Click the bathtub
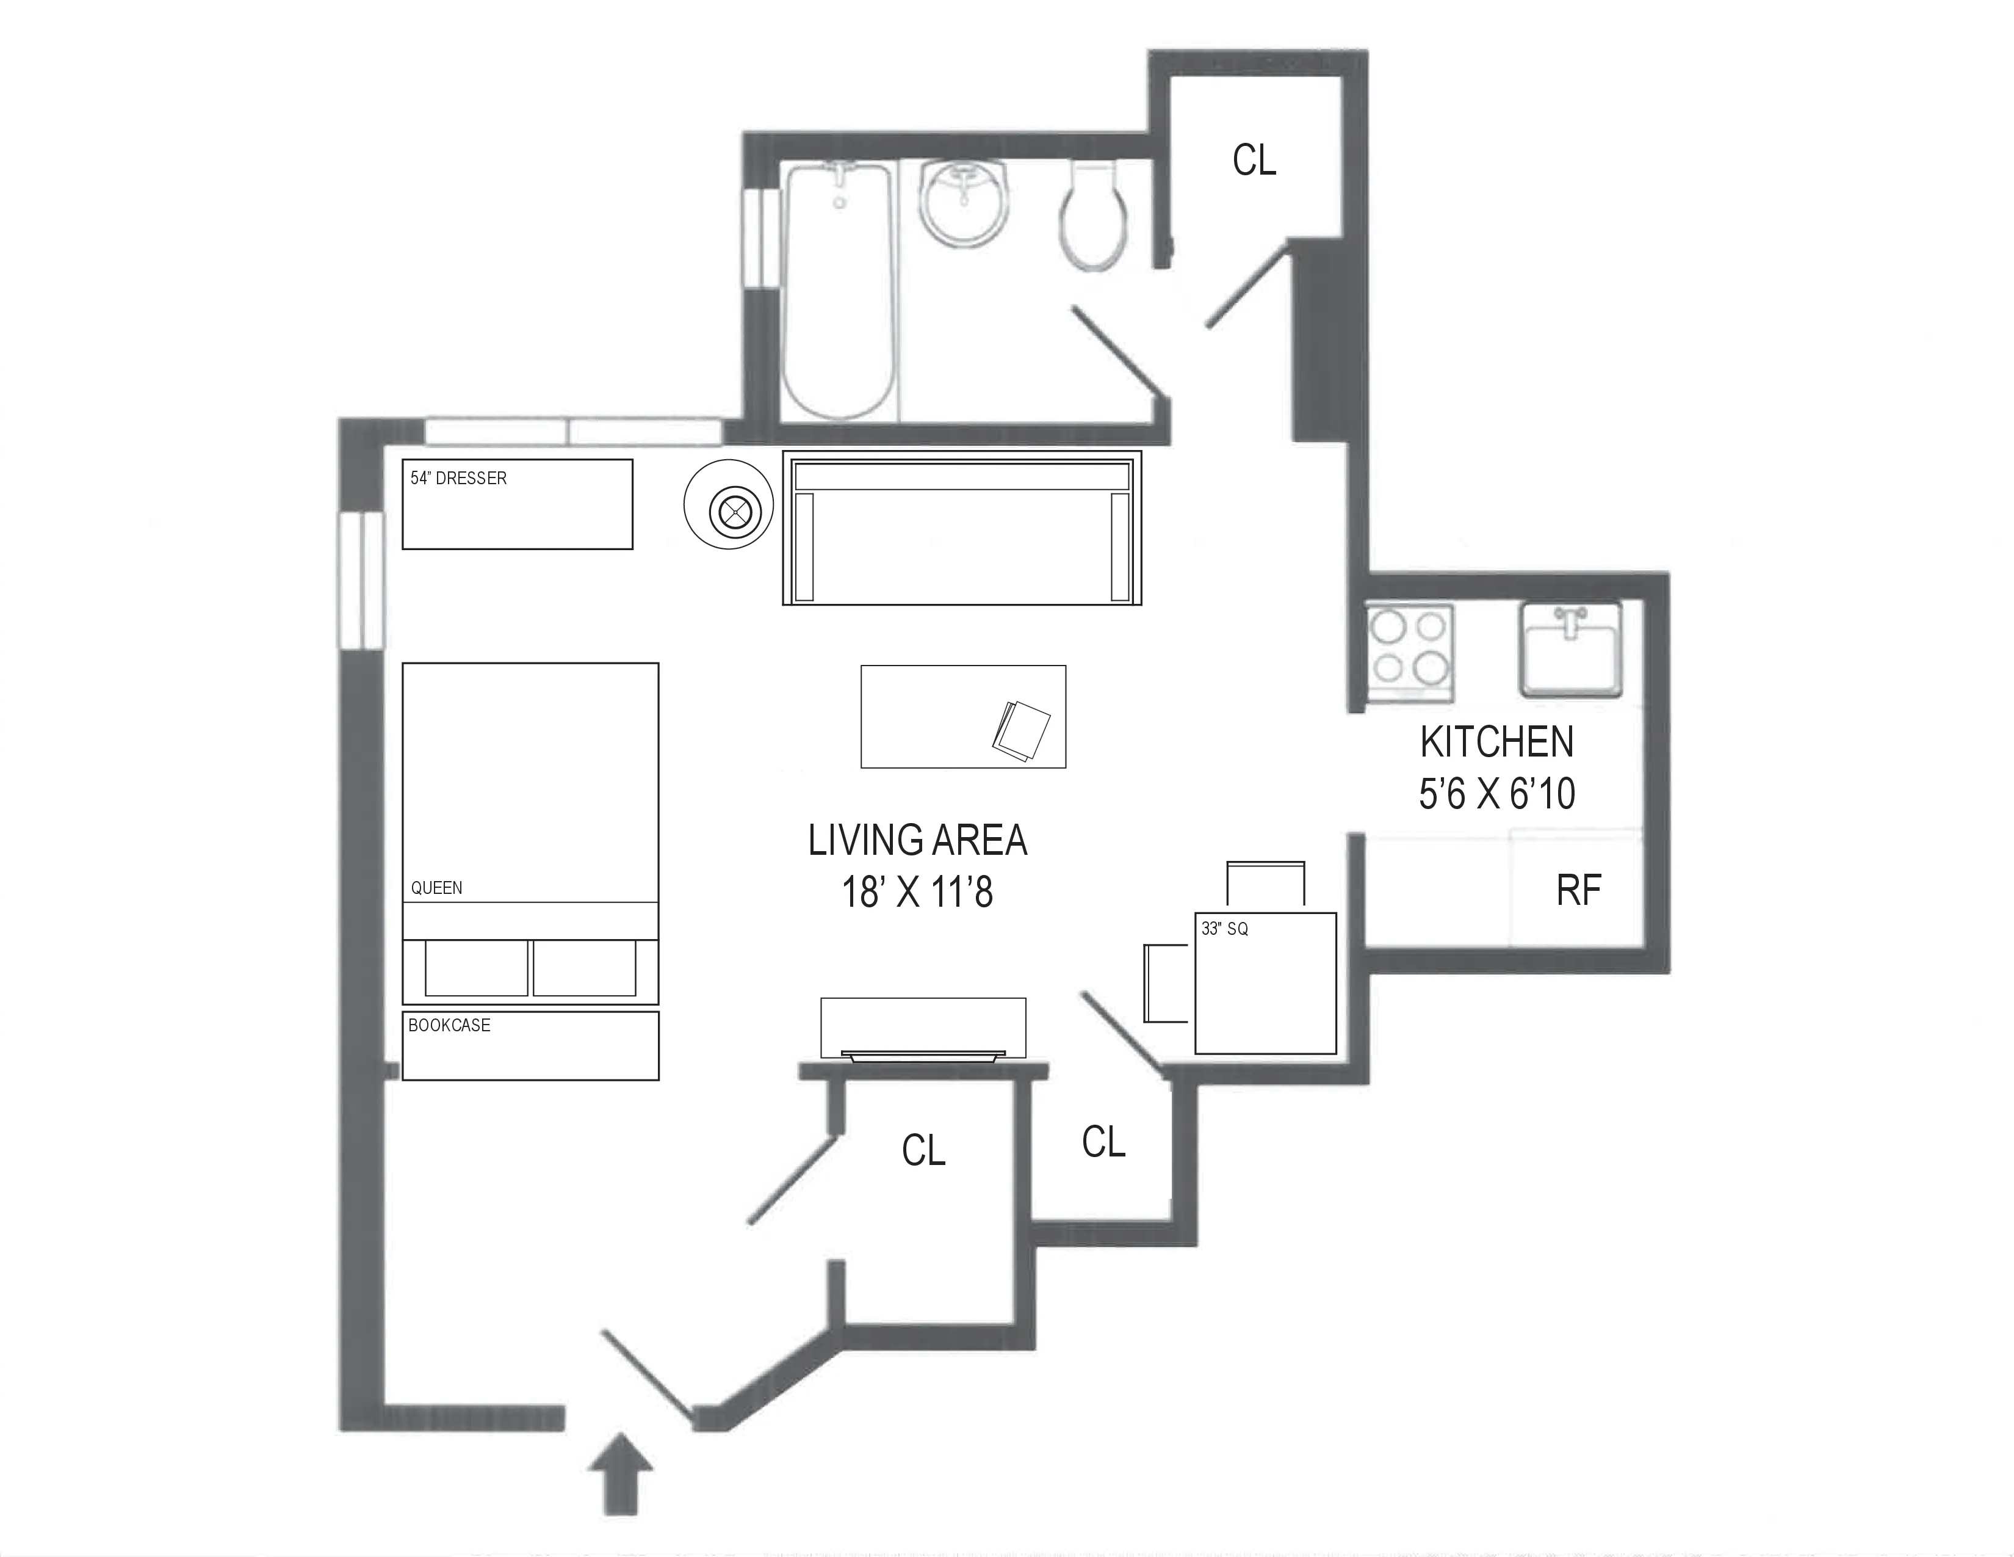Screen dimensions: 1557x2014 click(x=839, y=291)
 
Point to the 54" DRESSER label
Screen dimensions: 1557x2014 click(x=458, y=478)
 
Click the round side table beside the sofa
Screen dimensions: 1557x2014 click(x=729, y=504)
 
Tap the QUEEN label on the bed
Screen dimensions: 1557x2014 click(x=436, y=887)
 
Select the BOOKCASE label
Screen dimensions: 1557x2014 click(x=449, y=1025)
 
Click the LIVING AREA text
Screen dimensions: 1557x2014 click(x=917, y=840)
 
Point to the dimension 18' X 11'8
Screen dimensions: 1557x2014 click(x=917, y=892)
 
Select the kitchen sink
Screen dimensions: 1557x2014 click(x=1570, y=648)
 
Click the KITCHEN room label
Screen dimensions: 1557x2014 click(x=1496, y=742)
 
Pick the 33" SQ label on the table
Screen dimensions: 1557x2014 click(x=1225, y=929)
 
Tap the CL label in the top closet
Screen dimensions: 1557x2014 click(x=1254, y=161)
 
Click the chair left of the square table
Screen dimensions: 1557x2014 click(x=1166, y=983)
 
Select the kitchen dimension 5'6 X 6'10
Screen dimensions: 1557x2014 click(x=1496, y=793)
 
